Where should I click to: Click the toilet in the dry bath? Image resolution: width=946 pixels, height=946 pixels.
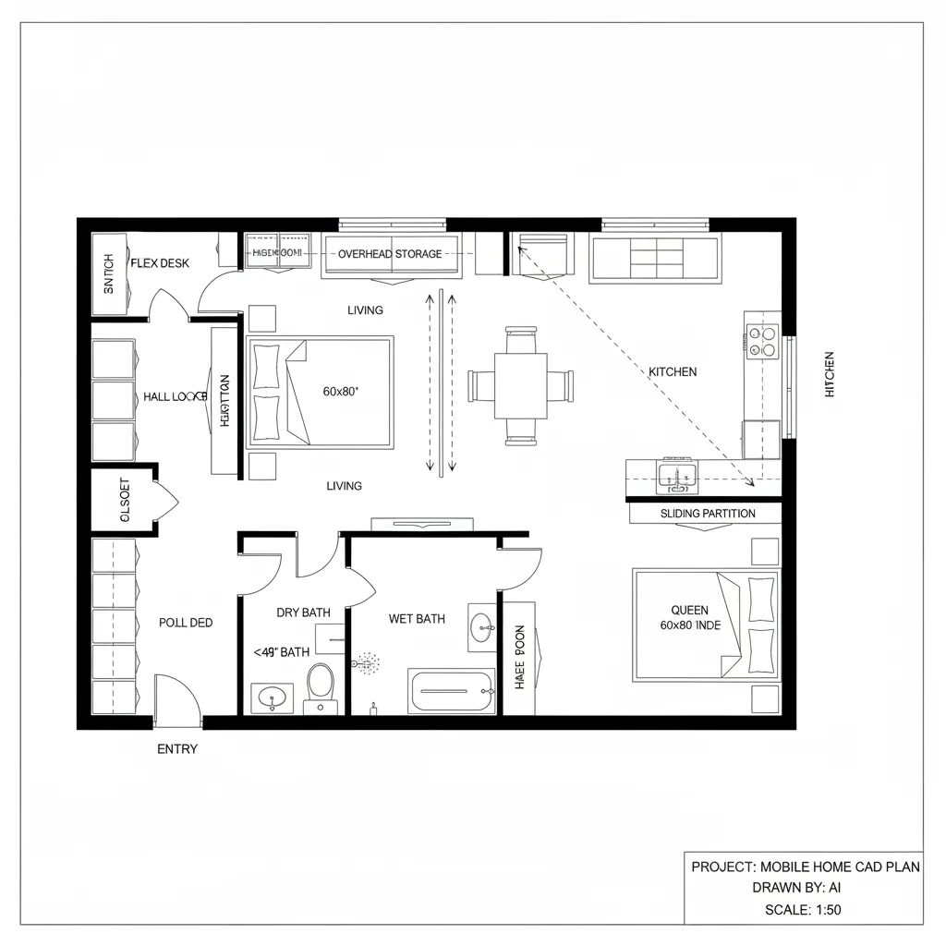(x=321, y=685)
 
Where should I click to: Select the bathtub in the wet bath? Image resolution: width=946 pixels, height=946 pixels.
(x=451, y=691)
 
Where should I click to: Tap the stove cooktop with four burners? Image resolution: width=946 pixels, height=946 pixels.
(x=763, y=341)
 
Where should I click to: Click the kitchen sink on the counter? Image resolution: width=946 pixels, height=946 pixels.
(x=676, y=477)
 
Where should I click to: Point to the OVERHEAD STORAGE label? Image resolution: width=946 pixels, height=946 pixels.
(x=390, y=254)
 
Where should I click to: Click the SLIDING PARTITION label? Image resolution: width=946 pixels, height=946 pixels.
(x=708, y=514)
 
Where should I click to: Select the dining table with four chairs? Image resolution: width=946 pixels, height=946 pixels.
(x=520, y=383)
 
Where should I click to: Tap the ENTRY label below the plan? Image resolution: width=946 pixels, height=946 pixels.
(x=177, y=749)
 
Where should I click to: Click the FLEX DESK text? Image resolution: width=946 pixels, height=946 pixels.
(x=160, y=263)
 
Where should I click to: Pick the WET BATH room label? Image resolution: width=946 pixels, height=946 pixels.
(x=417, y=619)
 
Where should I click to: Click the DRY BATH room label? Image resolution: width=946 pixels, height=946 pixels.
(x=303, y=612)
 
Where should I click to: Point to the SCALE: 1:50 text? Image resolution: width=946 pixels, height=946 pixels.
(x=803, y=910)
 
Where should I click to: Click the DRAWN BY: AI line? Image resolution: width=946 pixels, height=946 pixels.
(x=803, y=888)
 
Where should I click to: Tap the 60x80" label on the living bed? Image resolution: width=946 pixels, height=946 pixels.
(x=341, y=392)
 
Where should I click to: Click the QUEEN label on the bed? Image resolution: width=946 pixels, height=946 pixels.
(x=689, y=610)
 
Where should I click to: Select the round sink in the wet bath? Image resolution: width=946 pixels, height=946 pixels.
(x=481, y=628)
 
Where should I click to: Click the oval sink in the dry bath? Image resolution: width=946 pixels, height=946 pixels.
(x=273, y=697)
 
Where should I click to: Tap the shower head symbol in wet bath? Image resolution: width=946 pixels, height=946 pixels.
(x=368, y=663)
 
